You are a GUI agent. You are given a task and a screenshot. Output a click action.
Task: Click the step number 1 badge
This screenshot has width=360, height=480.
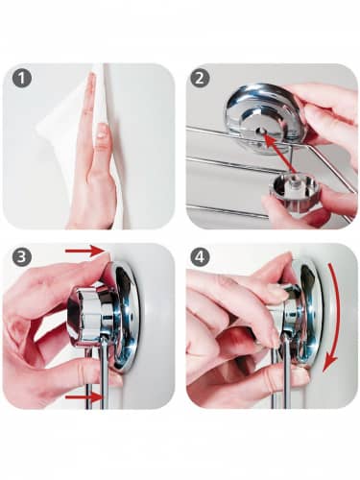[22, 79]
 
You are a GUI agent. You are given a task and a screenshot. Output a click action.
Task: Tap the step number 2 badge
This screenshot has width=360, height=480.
[200, 79]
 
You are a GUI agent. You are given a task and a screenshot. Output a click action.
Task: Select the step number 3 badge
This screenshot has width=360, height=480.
[22, 257]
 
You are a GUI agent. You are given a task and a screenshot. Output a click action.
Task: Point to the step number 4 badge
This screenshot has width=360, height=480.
[200, 257]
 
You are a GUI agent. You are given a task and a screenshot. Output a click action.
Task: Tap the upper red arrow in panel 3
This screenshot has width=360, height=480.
[84, 252]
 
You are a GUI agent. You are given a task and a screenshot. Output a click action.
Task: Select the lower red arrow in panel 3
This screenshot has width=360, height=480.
[84, 397]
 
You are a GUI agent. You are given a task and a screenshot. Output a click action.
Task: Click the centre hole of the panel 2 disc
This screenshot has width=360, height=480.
[261, 131]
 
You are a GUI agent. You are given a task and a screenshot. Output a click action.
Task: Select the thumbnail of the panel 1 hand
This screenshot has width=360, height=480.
[102, 131]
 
